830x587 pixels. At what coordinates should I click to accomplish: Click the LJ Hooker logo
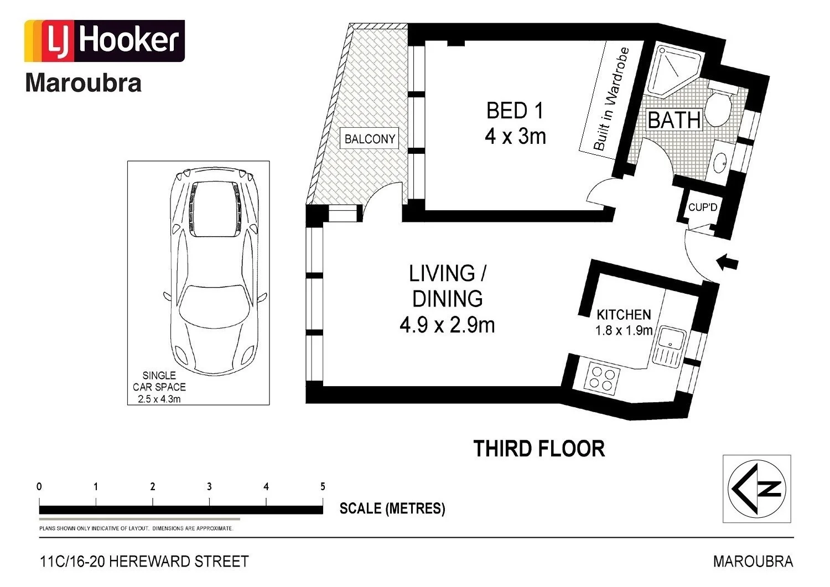(x=105, y=41)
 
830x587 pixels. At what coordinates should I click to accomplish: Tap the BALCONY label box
(x=369, y=139)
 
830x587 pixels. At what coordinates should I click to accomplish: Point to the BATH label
(x=675, y=120)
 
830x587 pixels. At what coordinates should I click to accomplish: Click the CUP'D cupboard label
(x=703, y=207)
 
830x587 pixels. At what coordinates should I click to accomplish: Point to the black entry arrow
(x=727, y=262)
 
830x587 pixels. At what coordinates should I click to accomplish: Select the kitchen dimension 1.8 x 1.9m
(x=624, y=330)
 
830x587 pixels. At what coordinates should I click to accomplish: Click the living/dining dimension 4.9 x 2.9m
(x=447, y=325)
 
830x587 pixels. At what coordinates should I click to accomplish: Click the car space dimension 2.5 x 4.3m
(x=159, y=399)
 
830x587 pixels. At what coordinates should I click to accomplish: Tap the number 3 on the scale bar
(x=209, y=486)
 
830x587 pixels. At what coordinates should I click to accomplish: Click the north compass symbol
(x=756, y=489)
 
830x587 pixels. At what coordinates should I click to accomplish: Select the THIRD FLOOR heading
(x=539, y=448)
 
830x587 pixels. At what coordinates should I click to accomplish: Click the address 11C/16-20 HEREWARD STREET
(x=144, y=561)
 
